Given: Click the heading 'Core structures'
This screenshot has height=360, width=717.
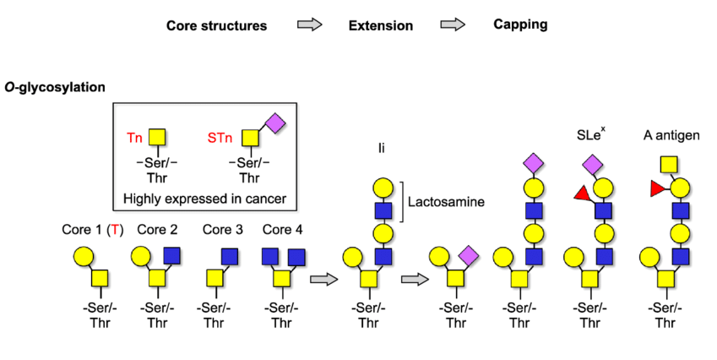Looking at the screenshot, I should point(216,25).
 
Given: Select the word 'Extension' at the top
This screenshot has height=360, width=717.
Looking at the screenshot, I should point(380,25).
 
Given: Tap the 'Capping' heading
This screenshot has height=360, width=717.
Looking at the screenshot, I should point(520,25).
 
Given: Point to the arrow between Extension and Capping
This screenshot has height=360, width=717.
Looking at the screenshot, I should point(454,25).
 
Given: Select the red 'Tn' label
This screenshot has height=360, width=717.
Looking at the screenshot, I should point(135,136).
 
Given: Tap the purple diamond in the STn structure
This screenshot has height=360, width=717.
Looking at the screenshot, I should point(275,123).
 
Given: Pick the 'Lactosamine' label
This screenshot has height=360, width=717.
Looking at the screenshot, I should point(443,203).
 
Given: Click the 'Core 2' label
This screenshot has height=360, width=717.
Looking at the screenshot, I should point(157,230).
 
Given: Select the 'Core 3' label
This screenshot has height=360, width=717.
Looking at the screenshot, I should point(222,230).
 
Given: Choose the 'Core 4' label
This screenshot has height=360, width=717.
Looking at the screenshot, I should point(283,230).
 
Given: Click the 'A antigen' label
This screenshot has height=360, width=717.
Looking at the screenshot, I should point(667,135).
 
